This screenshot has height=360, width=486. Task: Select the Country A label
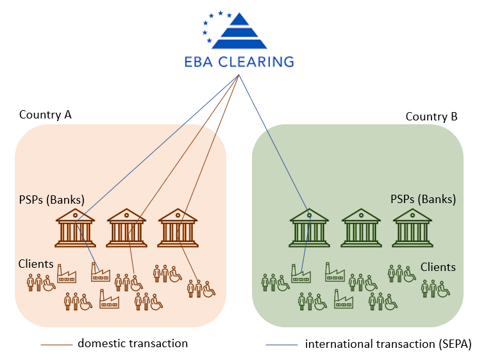point(46,115)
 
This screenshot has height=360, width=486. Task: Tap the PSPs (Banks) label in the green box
point(423,199)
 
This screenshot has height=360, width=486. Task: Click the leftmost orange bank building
point(75,227)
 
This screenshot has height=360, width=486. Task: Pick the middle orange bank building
point(126,227)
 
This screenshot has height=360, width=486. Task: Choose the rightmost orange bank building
point(178,227)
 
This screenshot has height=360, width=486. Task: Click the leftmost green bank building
point(309,227)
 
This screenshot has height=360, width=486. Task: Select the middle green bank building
point(360,227)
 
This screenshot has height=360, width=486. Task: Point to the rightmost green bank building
point(412,227)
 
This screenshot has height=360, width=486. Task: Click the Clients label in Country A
point(36,263)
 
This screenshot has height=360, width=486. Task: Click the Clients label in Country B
point(438,267)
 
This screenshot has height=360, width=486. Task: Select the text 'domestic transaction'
point(133,343)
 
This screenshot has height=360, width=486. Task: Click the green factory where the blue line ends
point(301,275)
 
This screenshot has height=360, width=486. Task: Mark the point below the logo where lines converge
point(240,76)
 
